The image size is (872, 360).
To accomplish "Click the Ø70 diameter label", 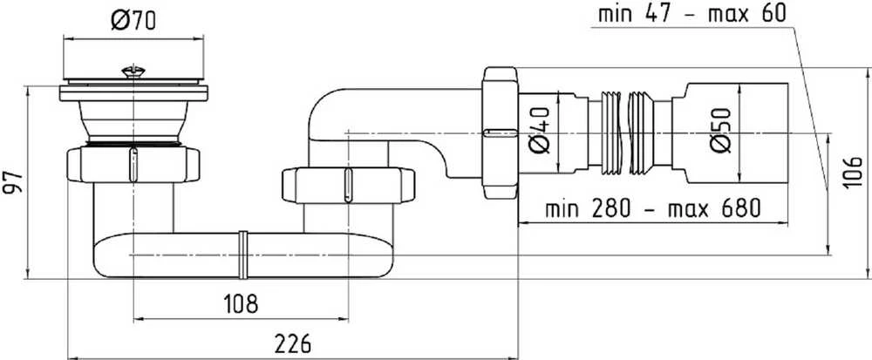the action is (133, 21).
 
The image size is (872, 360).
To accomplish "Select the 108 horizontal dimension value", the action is (241, 303).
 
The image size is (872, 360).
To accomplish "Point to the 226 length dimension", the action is (292, 344).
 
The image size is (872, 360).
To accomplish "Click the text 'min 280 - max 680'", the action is (652, 209).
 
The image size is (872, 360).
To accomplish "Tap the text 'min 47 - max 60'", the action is (691, 14).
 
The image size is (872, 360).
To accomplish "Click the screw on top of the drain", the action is (133, 71).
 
